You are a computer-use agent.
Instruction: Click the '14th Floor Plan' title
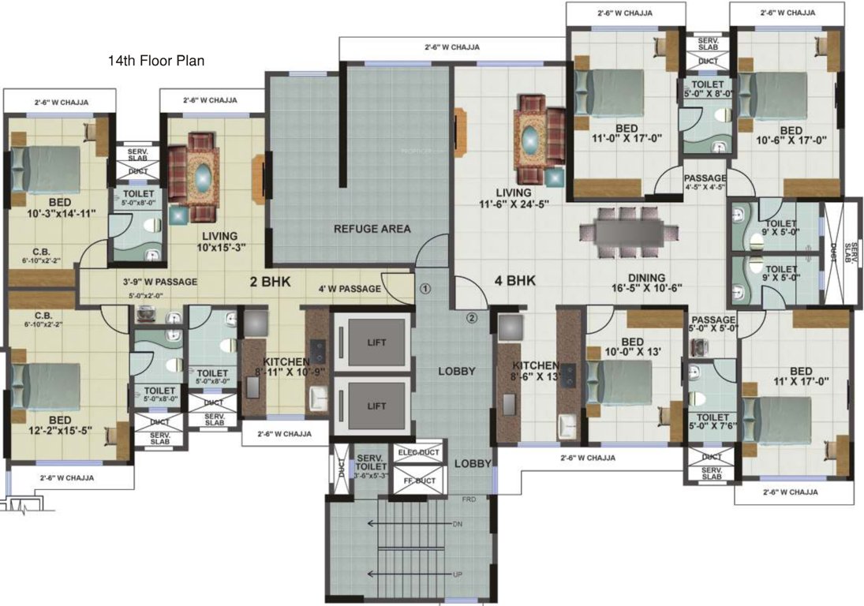[156, 61]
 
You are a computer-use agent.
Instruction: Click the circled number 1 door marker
[425, 289]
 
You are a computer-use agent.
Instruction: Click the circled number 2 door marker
[472, 319]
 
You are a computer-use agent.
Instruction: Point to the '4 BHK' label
[515, 280]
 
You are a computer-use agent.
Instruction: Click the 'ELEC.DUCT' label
[418, 453]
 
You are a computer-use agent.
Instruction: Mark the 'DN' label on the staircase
[457, 524]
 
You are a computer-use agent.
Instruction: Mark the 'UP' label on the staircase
[457, 574]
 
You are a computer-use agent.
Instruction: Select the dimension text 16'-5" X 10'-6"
[643, 289]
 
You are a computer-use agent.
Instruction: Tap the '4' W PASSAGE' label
[350, 289]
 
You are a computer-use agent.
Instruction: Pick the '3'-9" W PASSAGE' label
[159, 282]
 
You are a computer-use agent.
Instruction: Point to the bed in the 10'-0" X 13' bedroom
[623, 383]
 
